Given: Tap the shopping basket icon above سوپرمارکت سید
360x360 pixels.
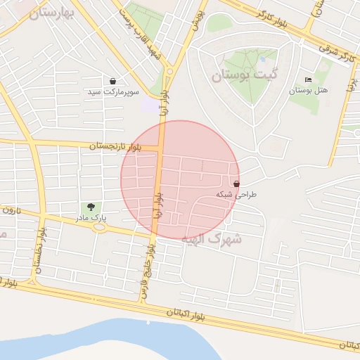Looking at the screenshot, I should [x=113, y=81].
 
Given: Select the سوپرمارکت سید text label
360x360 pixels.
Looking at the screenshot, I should [x=114, y=92].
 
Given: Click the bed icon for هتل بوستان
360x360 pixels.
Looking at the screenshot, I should [x=309, y=79].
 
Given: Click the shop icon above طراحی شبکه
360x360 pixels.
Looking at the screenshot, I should [x=234, y=184].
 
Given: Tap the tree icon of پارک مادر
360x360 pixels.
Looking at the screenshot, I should [x=90, y=207].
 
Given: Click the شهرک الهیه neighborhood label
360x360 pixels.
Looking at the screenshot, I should [x=212, y=238].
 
